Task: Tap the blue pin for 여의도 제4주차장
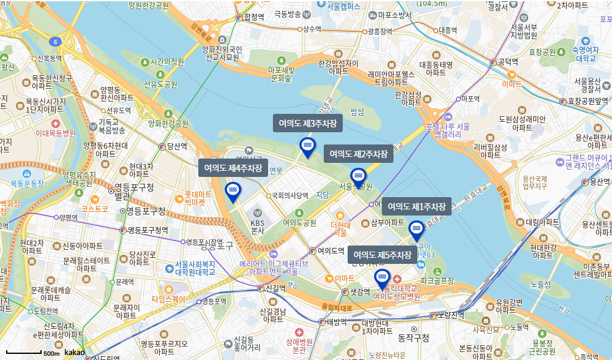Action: click(x=233, y=192)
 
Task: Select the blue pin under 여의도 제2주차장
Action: click(x=358, y=177)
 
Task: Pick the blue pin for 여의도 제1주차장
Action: click(x=416, y=230)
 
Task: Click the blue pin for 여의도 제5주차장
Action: click(x=382, y=279)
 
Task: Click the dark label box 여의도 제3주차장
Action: click(x=307, y=123)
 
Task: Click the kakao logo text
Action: click(x=75, y=353)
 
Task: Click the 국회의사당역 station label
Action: click(x=289, y=196)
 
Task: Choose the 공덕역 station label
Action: click(x=507, y=62)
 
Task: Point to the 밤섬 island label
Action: click(x=357, y=112)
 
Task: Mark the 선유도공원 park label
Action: click(x=160, y=84)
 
